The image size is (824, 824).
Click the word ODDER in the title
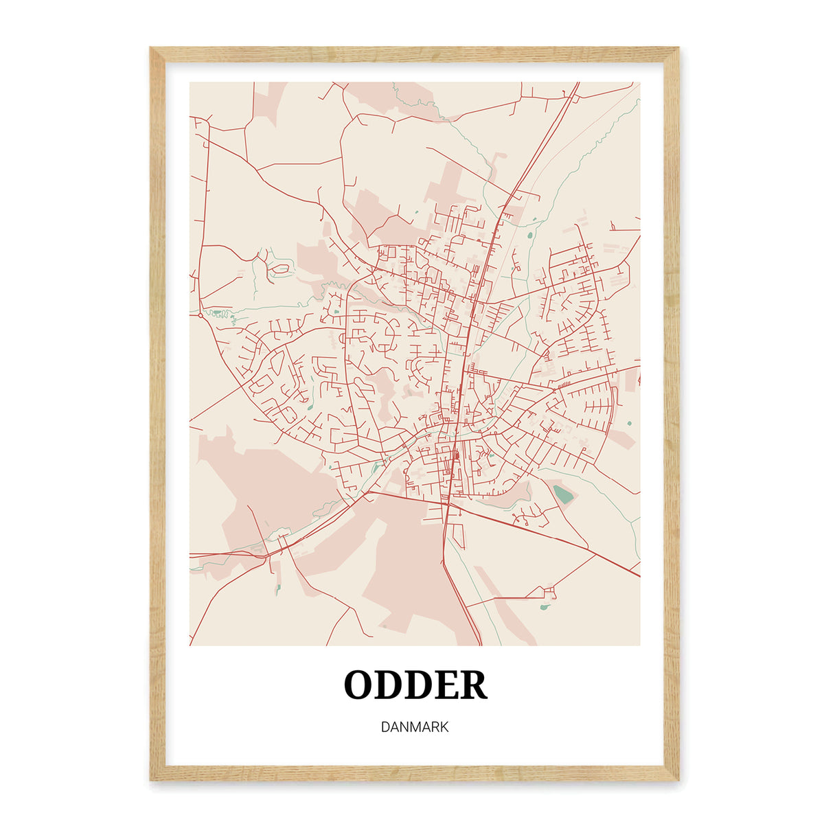coord(415,685)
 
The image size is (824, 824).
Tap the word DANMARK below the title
coord(415,726)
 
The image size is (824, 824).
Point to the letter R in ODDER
coord(474,685)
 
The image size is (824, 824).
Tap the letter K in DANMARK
coord(444,726)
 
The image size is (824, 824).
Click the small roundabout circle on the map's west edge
coord(200,315)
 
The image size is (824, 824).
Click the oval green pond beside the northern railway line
coord(529,236)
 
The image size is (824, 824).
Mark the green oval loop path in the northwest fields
coord(281,268)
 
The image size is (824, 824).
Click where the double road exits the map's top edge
coord(576,84)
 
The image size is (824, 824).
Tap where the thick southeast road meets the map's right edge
coord(639,575)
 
